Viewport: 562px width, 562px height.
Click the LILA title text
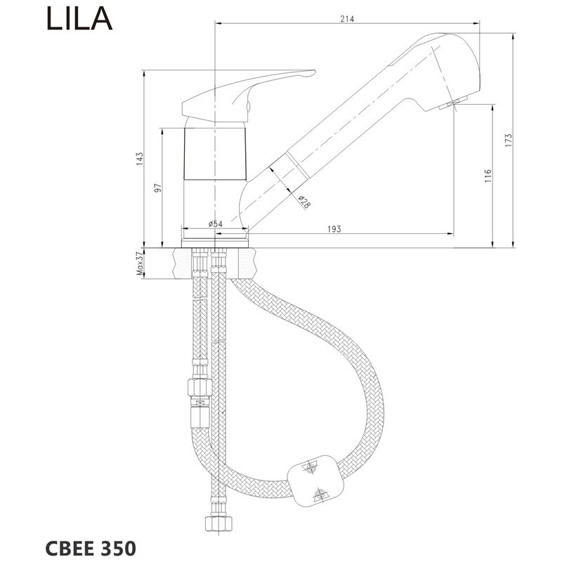(79, 19)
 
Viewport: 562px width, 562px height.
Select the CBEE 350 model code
(91, 549)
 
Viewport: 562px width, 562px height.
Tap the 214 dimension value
(347, 19)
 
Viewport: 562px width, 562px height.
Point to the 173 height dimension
(508, 140)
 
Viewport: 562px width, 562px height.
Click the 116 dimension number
(488, 176)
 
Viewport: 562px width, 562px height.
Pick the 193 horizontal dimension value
(334, 229)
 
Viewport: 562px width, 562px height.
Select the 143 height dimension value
(139, 159)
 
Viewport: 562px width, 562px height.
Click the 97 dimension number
(157, 188)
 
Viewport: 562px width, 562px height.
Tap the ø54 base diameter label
(216, 223)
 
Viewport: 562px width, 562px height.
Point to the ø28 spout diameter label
(304, 202)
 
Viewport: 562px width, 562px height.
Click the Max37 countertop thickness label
(139, 263)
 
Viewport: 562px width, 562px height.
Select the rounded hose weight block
(315, 481)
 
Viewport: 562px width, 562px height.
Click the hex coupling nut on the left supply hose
(200, 387)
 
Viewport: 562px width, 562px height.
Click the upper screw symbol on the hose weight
(310, 468)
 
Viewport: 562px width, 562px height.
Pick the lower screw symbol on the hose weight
(321, 495)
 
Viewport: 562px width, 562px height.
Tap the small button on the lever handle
(249, 106)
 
